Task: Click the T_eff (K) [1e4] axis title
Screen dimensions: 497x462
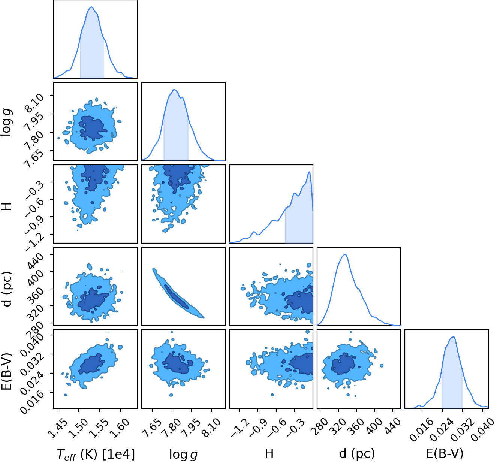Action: click(x=96, y=454)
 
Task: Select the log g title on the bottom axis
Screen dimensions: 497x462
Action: click(x=183, y=454)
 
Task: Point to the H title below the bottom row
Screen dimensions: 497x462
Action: click(x=269, y=453)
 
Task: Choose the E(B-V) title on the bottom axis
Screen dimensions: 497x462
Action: click(x=444, y=453)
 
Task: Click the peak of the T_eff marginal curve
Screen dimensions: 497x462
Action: click(x=91, y=7)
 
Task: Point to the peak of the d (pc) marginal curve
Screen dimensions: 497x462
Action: click(x=345, y=254)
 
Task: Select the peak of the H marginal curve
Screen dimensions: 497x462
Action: click(x=309, y=172)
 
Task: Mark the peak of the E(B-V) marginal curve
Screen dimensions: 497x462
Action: click(x=454, y=337)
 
